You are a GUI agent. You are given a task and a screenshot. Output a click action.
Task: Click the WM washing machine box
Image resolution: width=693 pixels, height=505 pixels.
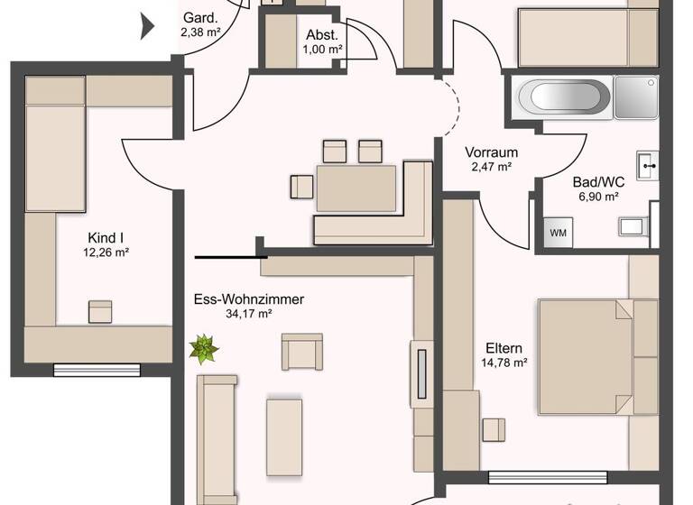click(559, 233)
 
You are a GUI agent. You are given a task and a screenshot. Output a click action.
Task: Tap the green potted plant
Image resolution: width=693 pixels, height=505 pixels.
click(204, 348)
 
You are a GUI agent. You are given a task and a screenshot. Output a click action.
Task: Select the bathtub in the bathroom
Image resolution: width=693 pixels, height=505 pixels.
click(561, 96)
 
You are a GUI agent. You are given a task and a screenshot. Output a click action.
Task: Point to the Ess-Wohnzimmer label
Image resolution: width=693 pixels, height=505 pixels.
click(248, 299)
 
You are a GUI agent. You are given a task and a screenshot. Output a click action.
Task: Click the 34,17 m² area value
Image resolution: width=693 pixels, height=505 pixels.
click(248, 314)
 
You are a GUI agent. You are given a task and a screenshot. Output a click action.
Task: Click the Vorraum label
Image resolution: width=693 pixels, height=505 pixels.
click(489, 152)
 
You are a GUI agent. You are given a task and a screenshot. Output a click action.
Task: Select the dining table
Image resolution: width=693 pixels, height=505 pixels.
click(356, 188)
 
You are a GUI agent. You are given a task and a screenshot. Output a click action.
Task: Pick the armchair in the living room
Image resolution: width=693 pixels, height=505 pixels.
click(301, 351)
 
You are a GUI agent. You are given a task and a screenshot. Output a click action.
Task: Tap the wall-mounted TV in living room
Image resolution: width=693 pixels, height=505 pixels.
click(420, 370)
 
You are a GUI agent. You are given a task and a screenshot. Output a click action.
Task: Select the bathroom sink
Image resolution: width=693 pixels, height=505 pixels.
click(648, 164)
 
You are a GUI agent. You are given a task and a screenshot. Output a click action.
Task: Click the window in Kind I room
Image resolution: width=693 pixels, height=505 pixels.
click(97, 369)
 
